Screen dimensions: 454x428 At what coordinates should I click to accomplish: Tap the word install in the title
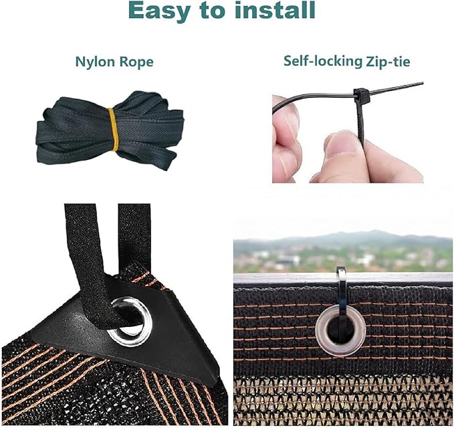278,9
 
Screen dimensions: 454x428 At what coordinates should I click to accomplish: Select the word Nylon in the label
93,62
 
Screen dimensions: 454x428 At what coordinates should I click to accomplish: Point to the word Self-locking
322,62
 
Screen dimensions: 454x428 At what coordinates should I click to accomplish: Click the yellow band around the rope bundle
113,129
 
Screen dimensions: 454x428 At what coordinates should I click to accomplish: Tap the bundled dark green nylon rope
110,132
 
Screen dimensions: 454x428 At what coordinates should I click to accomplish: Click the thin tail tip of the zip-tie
422,84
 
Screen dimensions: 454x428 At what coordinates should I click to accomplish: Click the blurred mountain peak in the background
374,232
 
